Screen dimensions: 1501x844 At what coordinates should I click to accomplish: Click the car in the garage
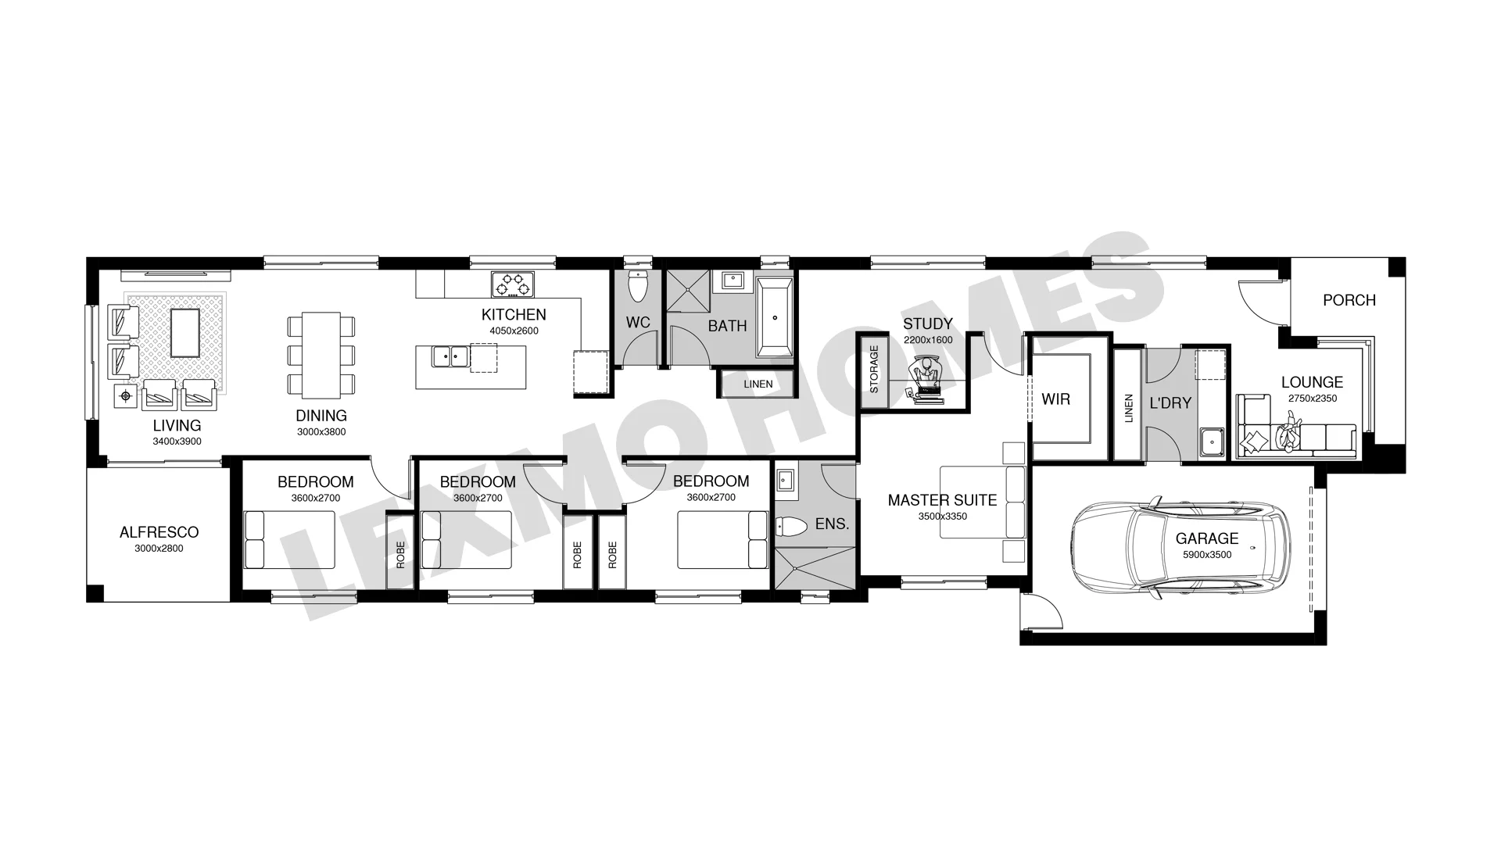(x=1180, y=545)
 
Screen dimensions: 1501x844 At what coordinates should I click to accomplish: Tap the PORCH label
(x=1349, y=300)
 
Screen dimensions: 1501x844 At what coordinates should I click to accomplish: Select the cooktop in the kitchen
(x=513, y=284)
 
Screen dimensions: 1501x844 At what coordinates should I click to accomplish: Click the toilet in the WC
(x=639, y=287)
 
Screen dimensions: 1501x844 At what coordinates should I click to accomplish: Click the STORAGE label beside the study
(x=874, y=369)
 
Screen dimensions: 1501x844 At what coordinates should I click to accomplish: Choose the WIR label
(x=1055, y=399)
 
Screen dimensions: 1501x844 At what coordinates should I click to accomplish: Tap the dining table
(x=321, y=355)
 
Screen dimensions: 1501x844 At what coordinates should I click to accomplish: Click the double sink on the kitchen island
(x=450, y=356)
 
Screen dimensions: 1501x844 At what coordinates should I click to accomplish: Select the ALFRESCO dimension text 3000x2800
(x=159, y=549)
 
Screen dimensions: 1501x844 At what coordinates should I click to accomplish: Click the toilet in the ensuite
(x=790, y=527)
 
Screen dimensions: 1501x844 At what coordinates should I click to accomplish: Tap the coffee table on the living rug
(x=184, y=333)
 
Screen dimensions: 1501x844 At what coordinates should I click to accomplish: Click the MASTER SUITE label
(x=942, y=500)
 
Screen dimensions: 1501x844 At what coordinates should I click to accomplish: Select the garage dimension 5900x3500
(x=1207, y=555)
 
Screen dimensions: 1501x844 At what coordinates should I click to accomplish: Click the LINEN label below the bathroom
(x=758, y=384)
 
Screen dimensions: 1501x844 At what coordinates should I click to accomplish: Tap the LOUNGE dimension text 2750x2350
(x=1313, y=399)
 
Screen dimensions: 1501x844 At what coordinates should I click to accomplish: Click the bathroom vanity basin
(x=733, y=281)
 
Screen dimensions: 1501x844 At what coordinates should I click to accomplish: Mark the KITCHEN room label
(x=514, y=315)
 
